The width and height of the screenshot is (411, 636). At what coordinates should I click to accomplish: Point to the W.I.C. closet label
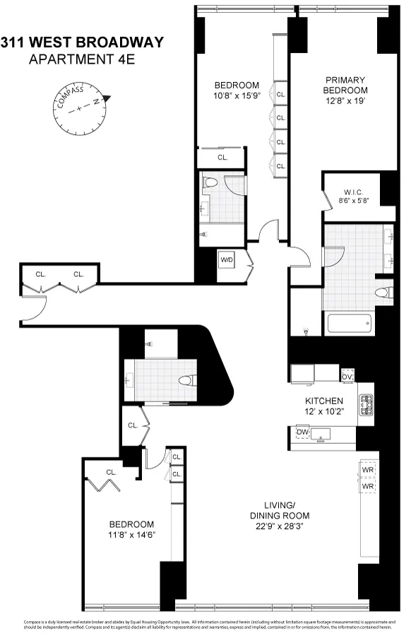353,191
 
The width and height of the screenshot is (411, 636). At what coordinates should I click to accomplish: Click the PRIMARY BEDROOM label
345,86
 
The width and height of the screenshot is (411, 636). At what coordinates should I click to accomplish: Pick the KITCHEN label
324,401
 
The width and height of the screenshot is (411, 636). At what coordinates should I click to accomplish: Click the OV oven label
347,376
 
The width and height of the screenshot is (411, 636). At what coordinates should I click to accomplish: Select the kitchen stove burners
367,405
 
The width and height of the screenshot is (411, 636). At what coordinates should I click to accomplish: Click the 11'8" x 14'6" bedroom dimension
131,535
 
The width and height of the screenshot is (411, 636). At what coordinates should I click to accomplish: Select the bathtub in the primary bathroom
349,324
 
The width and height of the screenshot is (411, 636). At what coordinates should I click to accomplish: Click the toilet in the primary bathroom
382,293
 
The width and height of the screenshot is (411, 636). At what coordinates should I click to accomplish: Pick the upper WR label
367,470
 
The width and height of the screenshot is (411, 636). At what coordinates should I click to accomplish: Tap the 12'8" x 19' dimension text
345,101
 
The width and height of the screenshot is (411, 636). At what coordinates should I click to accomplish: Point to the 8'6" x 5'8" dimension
353,201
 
